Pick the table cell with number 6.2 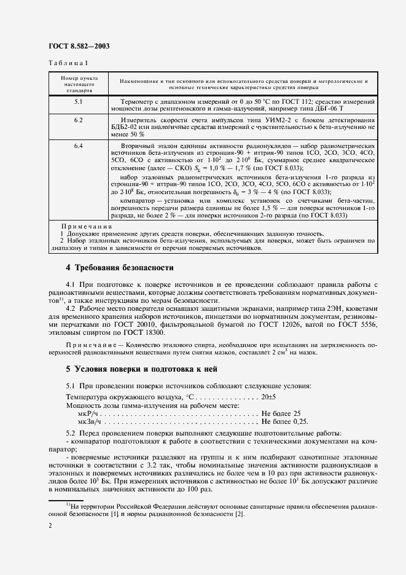coord(79,120)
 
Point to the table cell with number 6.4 coord(79,146)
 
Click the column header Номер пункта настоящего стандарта coord(77,85)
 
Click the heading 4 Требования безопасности coord(120,268)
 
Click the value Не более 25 coord(281,413)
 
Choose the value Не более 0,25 coord(284,422)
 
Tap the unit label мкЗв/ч coord(88,422)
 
